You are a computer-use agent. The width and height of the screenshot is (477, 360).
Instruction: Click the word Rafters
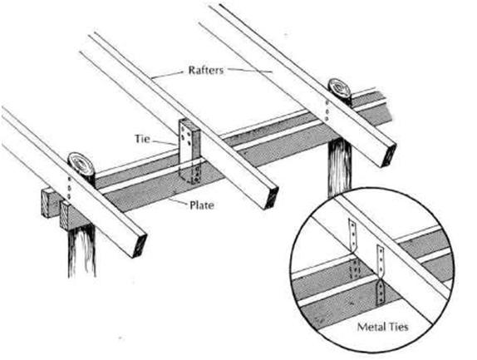[x=206, y=71]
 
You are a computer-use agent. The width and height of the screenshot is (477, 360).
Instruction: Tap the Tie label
[x=142, y=139]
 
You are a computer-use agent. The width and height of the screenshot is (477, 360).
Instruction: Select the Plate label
[x=202, y=205]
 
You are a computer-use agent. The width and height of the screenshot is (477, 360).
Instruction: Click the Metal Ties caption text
[x=382, y=327]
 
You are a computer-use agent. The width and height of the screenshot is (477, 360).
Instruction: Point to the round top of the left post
[x=81, y=165]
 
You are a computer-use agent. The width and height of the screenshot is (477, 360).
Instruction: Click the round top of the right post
[x=340, y=89]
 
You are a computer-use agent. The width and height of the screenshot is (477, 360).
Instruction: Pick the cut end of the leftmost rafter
[x=140, y=245]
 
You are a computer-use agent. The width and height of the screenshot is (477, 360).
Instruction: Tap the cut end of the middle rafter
[x=272, y=198]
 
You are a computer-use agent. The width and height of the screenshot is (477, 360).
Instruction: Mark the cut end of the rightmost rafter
[x=389, y=155]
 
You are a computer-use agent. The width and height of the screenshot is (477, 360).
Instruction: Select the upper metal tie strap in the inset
[x=352, y=235]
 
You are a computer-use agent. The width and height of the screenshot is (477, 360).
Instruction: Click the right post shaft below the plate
[x=339, y=168]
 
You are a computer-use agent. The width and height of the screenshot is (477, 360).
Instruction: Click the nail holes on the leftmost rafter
[x=69, y=188]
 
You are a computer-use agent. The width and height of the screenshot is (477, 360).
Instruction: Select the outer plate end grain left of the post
[x=48, y=202]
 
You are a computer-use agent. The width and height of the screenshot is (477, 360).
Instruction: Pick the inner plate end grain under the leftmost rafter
[x=64, y=215]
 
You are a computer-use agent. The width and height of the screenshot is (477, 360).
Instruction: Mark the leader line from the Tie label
[x=165, y=142]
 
